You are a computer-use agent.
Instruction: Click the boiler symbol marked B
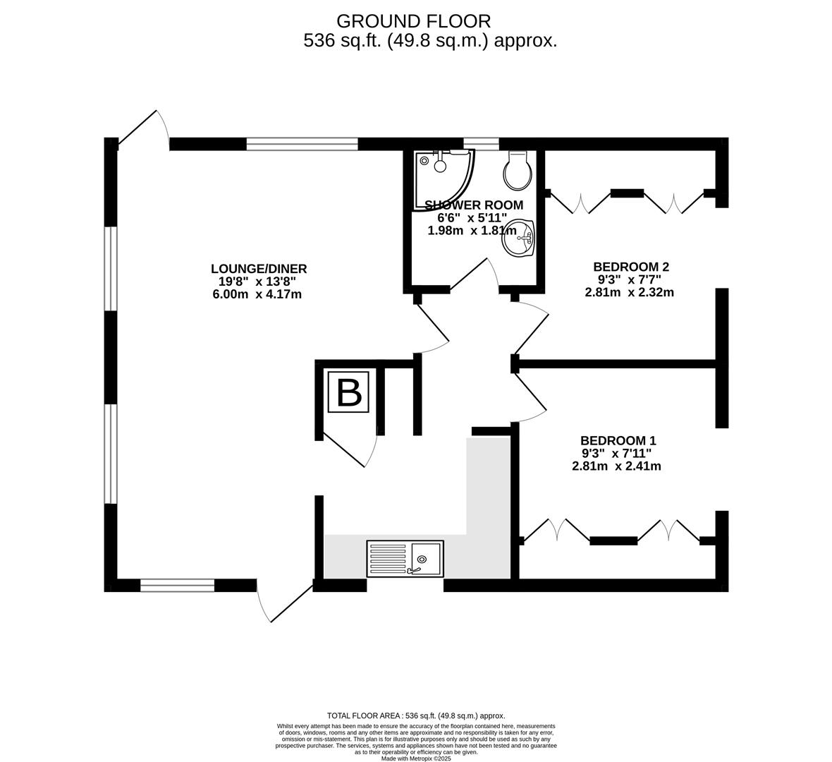click(348, 392)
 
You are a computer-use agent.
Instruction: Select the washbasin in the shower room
click(518, 238)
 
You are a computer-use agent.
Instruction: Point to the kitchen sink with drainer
click(405, 559)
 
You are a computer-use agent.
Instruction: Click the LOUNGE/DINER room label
click(259, 269)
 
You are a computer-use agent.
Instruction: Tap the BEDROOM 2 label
click(628, 267)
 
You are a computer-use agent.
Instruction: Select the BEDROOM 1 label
click(618, 440)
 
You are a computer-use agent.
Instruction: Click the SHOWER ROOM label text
click(474, 205)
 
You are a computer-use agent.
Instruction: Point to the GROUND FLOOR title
click(413, 21)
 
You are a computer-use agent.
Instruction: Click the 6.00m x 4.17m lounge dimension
click(257, 294)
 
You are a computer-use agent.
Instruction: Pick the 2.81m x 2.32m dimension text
click(630, 292)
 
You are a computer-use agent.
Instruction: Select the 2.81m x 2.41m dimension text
click(616, 466)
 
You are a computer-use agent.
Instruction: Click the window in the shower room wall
click(482, 143)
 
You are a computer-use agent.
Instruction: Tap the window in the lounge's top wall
click(302, 143)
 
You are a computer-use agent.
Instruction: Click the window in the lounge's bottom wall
click(177, 586)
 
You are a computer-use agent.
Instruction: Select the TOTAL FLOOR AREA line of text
click(416, 716)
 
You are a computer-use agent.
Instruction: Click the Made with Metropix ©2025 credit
click(416, 758)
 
